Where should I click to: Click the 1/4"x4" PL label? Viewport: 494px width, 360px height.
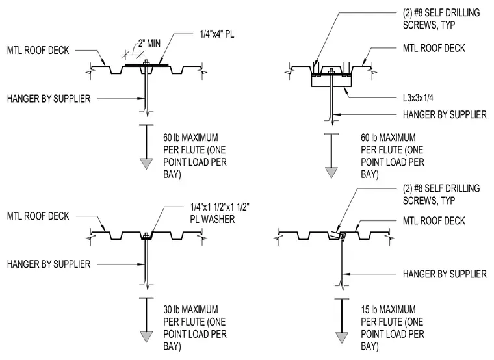tap(216, 34)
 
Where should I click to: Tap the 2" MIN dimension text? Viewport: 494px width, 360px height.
tap(149, 43)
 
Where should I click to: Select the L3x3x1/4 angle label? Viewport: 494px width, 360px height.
tap(418, 98)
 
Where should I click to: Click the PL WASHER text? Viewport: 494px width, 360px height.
tap(213, 219)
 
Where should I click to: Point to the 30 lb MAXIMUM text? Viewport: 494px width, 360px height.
tap(190, 309)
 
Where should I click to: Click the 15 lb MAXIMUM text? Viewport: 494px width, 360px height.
tap(388, 309)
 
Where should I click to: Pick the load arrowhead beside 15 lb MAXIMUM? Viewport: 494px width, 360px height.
tap(341, 337)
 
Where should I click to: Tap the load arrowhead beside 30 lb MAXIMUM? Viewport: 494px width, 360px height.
tap(146, 337)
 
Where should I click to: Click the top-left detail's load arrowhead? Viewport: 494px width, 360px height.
tap(146, 164)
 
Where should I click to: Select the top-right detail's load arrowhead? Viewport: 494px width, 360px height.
tap(331, 173)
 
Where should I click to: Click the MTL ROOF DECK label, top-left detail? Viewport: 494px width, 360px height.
tap(38, 51)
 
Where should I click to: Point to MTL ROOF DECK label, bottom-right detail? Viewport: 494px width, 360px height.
tap(434, 221)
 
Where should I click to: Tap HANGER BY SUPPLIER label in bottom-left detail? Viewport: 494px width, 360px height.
tap(49, 264)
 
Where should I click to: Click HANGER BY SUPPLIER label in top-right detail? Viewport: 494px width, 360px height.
tap(445, 114)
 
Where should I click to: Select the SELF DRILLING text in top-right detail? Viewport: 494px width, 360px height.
tap(452, 13)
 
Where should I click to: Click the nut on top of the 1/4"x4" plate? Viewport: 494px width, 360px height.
tap(146, 62)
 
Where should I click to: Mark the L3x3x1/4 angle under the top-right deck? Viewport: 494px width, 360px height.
tap(331, 81)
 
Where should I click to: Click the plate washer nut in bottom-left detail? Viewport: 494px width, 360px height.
tap(146, 235)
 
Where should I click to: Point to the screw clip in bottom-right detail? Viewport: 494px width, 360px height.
tap(342, 236)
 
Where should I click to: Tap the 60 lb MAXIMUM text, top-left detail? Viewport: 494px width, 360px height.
tap(190, 138)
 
